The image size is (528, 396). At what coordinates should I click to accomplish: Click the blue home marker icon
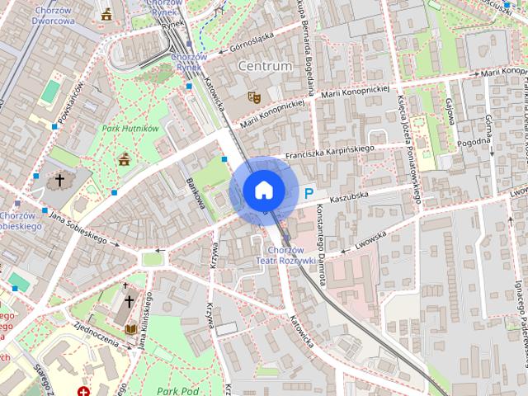tap(264, 191)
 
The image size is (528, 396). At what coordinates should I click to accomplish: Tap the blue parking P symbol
tap(309, 194)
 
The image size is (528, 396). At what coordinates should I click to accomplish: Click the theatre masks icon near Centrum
tap(254, 97)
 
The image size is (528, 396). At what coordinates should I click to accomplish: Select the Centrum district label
tap(264, 65)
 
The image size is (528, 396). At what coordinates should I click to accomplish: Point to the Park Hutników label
tap(130, 128)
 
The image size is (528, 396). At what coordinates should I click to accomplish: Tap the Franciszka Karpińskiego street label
tap(328, 153)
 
